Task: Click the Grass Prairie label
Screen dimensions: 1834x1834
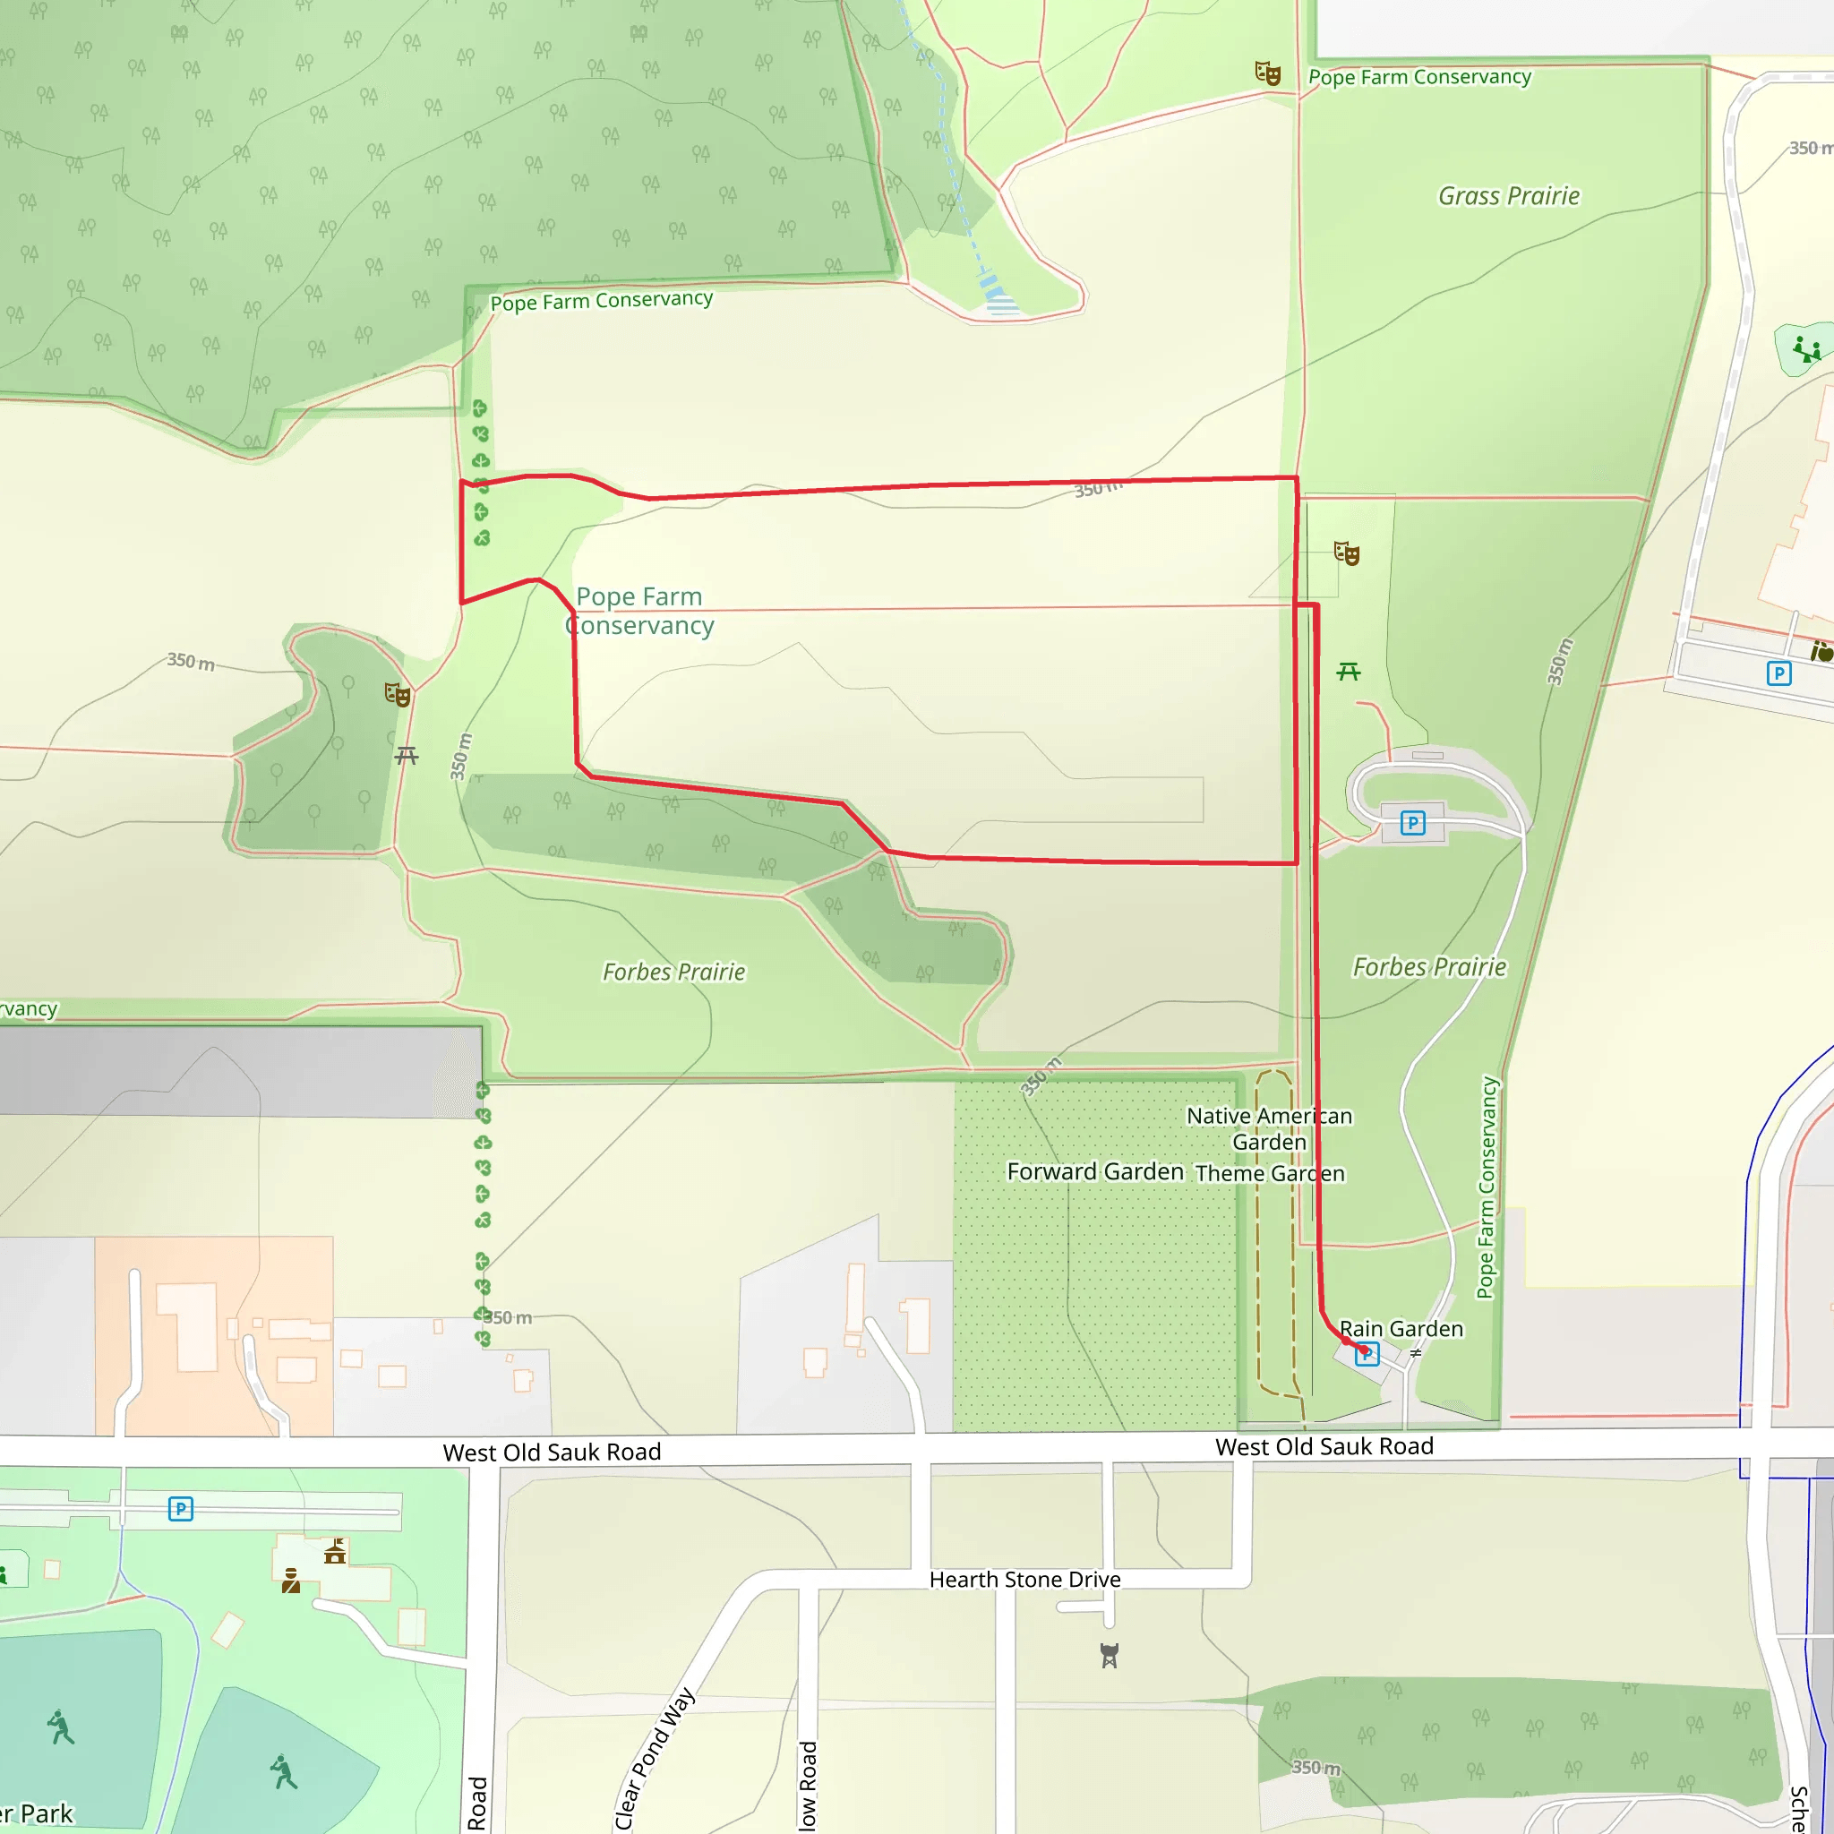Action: tap(1508, 196)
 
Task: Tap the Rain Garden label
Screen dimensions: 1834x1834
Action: tap(1401, 1329)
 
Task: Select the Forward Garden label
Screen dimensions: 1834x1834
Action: tap(1095, 1171)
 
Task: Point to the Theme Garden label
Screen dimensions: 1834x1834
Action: tap(1270, 1173)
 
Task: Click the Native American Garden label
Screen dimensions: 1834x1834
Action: tap(1269, 1128)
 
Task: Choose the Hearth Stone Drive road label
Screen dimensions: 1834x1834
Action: tap(1025, 1580)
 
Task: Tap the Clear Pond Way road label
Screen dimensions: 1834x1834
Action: tap(654, 1758)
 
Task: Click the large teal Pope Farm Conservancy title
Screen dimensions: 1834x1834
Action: tap(639, 611)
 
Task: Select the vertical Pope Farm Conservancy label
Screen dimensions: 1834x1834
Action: tap(1487, 1187)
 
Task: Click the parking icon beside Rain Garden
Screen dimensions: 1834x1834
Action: tap(1367, 1355)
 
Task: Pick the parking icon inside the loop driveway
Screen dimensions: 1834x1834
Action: tap(1412, 823)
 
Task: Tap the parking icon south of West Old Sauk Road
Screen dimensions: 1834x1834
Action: tap(180, 1508)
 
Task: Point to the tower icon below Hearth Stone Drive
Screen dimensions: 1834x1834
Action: tap(1109, 1656)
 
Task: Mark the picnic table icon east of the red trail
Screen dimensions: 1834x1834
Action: tap(1348, 673)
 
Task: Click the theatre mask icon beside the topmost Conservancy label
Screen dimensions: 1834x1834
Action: tap(1267, 73)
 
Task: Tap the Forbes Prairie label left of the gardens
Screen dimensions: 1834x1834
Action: tap(674, 972)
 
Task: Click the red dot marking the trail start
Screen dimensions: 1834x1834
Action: tap(1364, 1350)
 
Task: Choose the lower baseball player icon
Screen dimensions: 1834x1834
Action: tap(282, 1771)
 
